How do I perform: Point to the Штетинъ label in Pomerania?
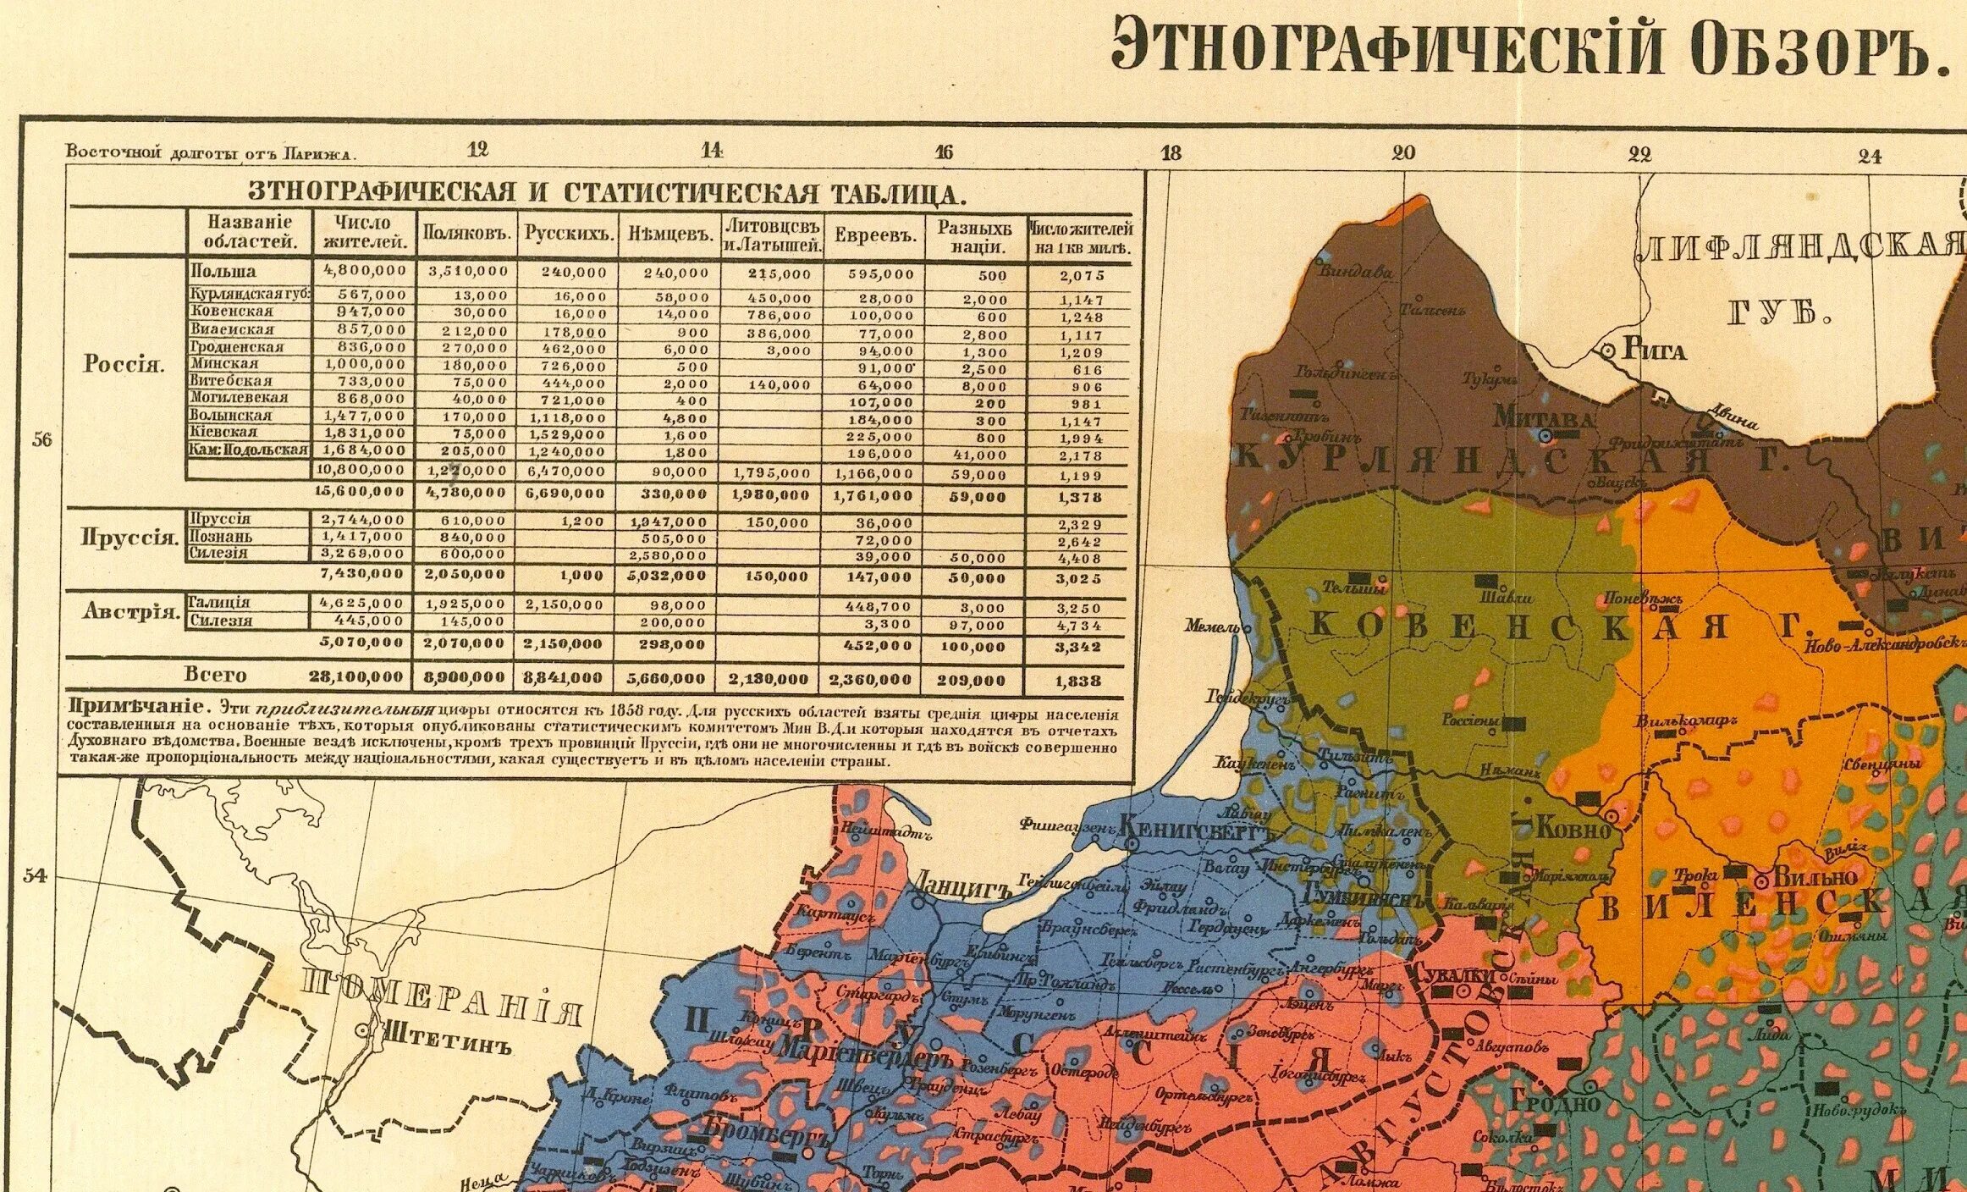tap(448, 1035)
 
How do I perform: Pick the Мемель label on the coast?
tap(1211, 627)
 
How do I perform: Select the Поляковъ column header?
tap(469, 234)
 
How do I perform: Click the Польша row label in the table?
tap(223, 272)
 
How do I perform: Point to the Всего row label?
tap(216, 675)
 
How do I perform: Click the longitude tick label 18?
tap(1171, 153)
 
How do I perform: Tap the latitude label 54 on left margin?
tap(35, 875)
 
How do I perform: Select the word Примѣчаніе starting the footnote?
tap(135, 707)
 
